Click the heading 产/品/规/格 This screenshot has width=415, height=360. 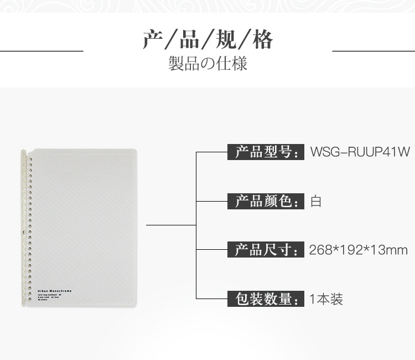pos(207,40)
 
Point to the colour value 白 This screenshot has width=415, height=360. pos(316,201)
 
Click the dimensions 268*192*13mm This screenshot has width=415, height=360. pos(359,250)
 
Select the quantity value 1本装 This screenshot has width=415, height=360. pos(326,300)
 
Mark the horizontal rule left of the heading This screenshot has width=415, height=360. pos(41,50)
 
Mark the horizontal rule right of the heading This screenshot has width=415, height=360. pos(373,50)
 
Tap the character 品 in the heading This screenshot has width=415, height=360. pos(190,40)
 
